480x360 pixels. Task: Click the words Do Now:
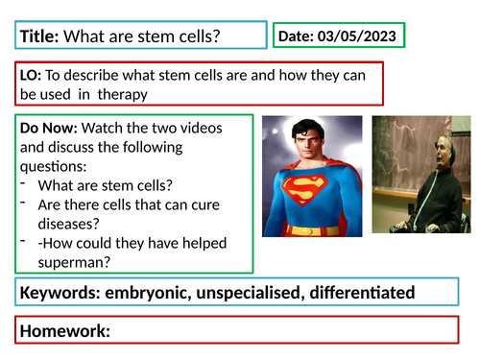49,127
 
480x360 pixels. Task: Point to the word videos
215,127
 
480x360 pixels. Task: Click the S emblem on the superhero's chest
308,197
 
